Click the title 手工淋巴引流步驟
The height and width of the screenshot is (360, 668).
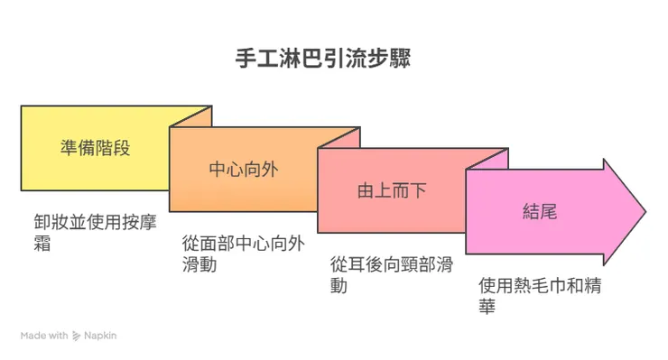point(335,60)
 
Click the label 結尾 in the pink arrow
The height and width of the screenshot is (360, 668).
point(540,212)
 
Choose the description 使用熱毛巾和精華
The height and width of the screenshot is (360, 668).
point(540,296)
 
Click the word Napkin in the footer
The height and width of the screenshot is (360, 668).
point(101,336)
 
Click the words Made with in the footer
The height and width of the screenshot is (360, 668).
point(44,336)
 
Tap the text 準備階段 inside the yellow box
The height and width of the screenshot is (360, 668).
point(94,147)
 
